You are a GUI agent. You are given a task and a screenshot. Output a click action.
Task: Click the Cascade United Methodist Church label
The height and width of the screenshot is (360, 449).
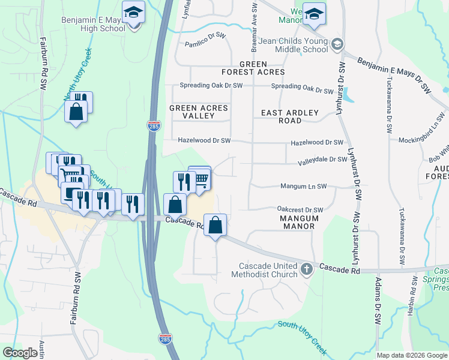click(x=265, y=270)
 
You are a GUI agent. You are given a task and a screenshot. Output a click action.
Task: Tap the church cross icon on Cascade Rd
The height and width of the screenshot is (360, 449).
click(x=307, y=269)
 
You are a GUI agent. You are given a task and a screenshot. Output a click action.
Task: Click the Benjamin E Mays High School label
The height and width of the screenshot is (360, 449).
click(x=93, y=24)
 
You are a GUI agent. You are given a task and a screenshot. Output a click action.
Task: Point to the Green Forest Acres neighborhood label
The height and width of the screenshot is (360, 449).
click(x=262, y=68)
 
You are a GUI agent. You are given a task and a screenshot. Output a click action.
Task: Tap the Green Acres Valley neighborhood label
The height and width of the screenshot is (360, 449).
click(x=199, y=112)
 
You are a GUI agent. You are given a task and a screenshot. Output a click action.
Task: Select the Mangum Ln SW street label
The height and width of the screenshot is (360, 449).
click(x=303, y=187)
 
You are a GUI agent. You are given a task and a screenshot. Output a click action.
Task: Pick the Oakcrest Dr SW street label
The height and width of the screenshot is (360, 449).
click(x=300, y=209)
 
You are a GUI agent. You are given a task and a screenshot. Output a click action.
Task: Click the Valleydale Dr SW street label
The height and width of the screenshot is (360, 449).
click(x=323, y=160)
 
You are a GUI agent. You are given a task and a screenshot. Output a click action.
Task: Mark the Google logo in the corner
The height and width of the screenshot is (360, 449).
click(x=20, y=353)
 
